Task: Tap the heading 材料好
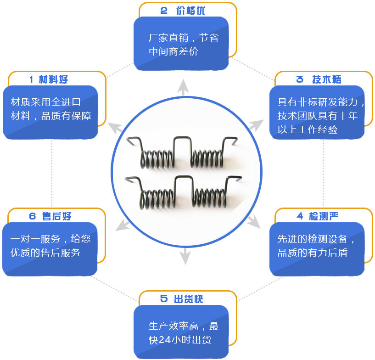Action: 54,79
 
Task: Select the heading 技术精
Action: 327,79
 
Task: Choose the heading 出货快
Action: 189,299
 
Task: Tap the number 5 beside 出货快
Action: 164,299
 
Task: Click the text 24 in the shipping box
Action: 164,340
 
